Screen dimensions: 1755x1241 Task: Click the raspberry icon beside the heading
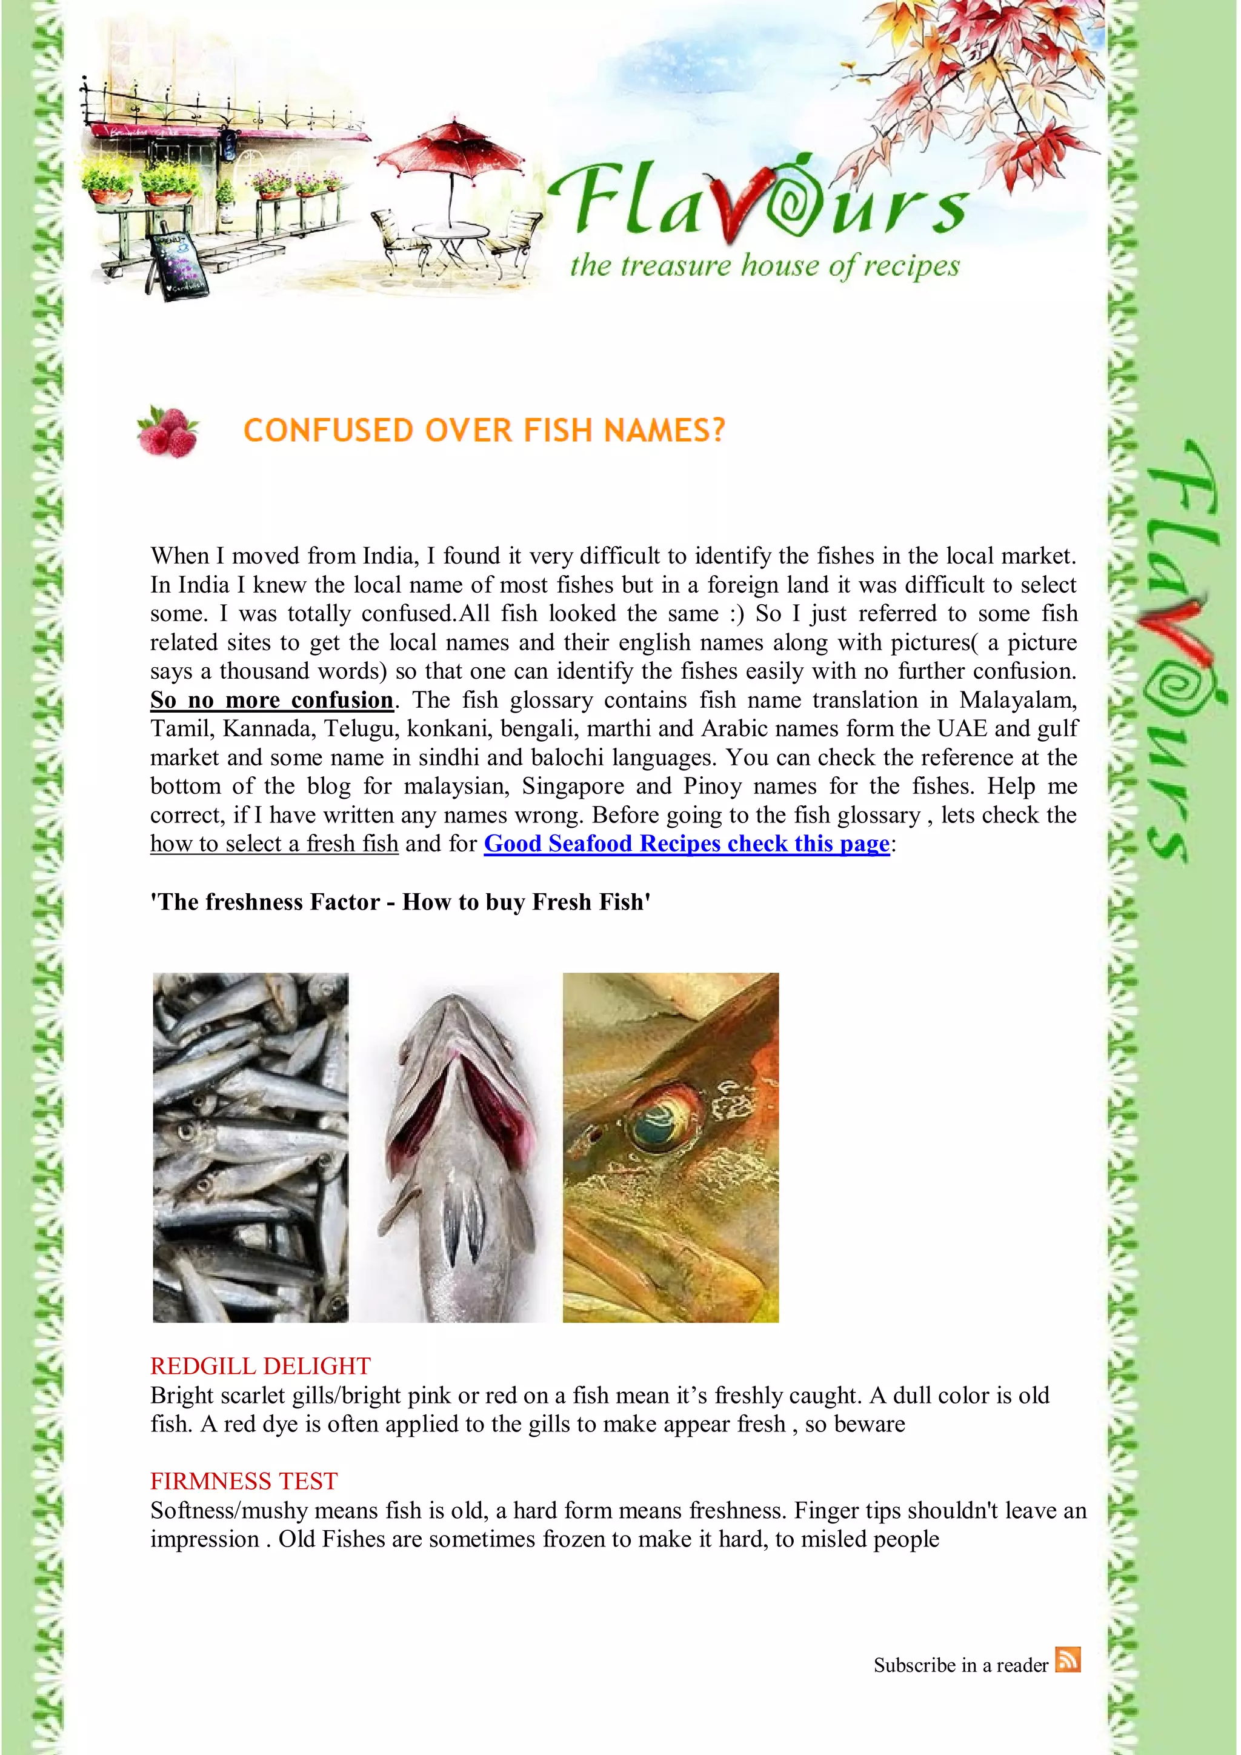click(167, 431)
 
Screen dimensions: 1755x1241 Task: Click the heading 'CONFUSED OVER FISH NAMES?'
click(484, 431)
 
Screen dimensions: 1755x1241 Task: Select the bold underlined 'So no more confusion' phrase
click(271, 699)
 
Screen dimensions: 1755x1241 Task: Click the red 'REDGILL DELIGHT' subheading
click(260, 1365)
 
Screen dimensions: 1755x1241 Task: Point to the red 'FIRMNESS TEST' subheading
click(244, 1480)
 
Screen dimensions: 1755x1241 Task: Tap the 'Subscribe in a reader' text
click(960, 1665)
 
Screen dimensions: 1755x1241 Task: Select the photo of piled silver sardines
click(251, 1147)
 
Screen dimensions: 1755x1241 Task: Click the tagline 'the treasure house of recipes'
click(764, 266)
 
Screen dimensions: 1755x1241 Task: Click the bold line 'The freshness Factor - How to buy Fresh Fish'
click(401, 902)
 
